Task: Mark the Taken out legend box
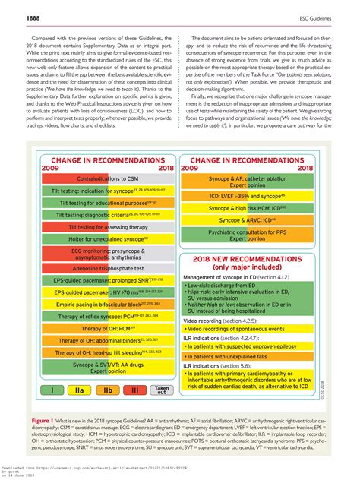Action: (x=161, y=390)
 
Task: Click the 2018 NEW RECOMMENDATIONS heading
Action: (x=241, y=263)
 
